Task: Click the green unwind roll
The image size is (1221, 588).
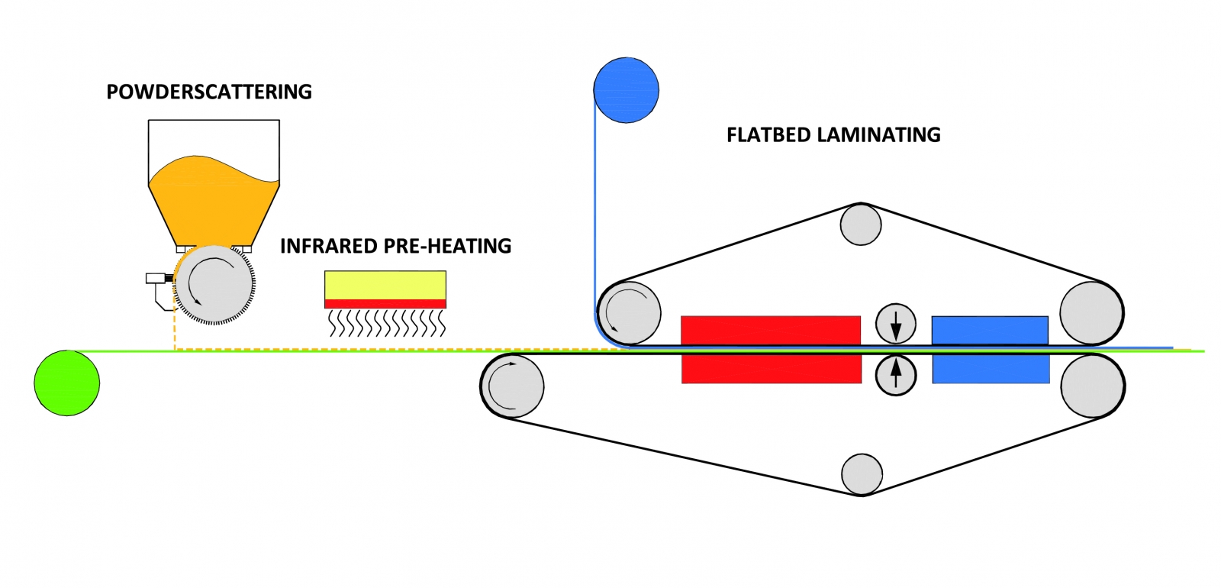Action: (67, 383)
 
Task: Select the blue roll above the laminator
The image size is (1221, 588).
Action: (626, 90)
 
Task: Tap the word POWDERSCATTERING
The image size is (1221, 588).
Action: (209, 92)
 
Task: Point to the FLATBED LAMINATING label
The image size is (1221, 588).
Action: (833, 135)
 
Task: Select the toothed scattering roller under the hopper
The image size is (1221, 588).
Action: (214, 285)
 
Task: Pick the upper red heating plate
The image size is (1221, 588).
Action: (771, 330)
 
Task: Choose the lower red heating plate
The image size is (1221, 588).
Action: (771, 370)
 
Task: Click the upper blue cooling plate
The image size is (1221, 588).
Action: (990, 330)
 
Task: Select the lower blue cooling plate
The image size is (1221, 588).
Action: (991, 370)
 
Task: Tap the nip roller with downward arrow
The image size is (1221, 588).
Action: (896, 323)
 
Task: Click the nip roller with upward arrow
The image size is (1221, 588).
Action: (896, 375)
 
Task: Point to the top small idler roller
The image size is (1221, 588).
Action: (861, 225)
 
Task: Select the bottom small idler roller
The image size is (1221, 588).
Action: (862, 473)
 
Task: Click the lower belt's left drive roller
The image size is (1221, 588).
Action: (513, 386)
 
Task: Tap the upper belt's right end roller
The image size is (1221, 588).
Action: (1092, 313)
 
